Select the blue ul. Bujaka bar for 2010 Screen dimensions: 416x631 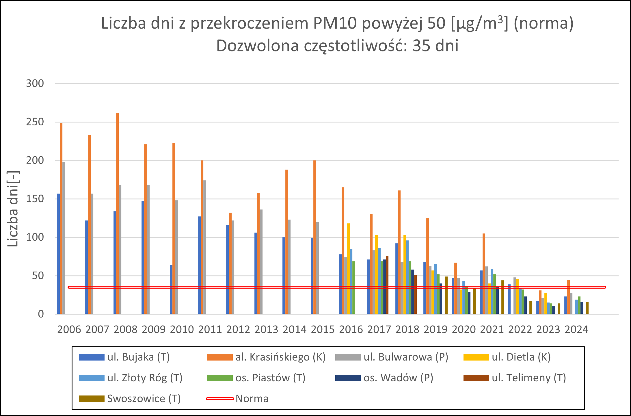click(171, 289)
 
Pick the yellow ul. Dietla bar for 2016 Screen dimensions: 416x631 click(348, 269)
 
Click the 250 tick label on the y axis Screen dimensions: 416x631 click(35, 122)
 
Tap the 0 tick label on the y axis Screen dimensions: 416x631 click(41, 314)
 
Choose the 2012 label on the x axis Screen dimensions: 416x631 click(238, 330)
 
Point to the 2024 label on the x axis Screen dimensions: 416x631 click(576, 330)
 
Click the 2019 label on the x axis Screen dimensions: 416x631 click(435, 330)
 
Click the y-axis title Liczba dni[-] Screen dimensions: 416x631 click(13, 209)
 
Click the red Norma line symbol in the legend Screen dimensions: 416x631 click(220, 399)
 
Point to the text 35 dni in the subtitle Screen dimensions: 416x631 click(435, 46)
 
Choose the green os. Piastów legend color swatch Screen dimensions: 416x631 click(220, 378)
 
